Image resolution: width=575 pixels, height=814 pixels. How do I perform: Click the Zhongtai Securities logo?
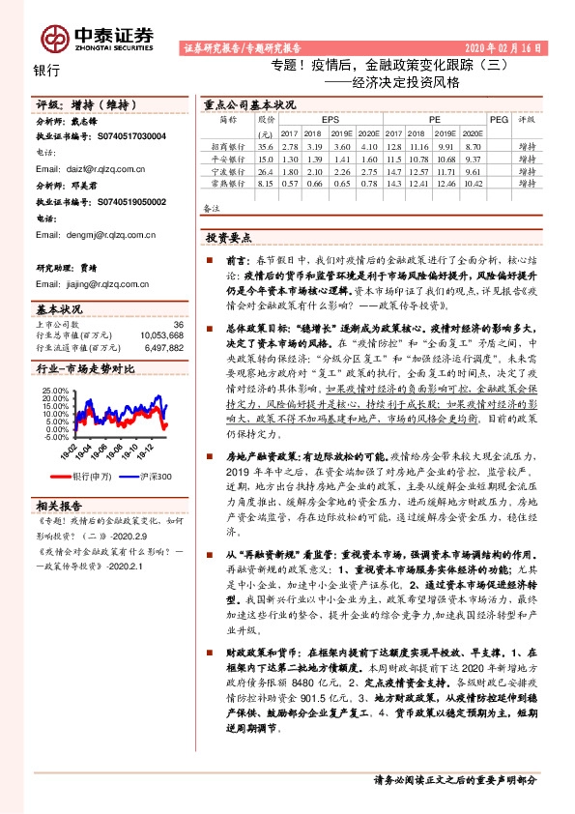97,37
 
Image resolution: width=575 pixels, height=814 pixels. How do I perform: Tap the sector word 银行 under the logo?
46,70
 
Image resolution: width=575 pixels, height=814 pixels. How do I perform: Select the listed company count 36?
177,324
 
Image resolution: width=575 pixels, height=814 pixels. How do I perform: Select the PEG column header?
499,119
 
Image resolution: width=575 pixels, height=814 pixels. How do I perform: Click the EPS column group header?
317,119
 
